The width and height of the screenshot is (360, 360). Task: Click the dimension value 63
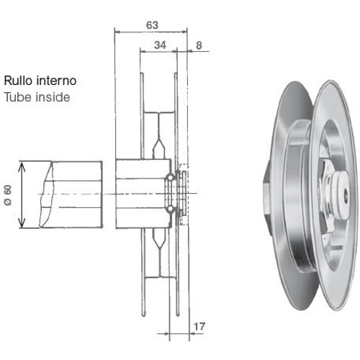point(152,25)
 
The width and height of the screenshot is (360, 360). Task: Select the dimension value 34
point(160,45)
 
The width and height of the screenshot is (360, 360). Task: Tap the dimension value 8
point(199,45)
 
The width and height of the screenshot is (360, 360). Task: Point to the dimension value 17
point(199,326)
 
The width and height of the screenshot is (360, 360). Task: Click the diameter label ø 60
point(8,195)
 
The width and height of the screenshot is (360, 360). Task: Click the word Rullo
point(19,81)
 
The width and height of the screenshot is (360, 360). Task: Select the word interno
point(56,81)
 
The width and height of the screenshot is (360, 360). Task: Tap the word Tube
point(18,97)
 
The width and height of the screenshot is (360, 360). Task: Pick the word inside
point(53,97)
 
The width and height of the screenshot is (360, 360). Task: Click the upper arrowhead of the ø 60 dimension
point(22,166)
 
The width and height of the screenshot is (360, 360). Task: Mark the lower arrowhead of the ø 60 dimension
point(22,223)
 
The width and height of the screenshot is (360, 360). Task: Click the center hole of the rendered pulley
point(346,193)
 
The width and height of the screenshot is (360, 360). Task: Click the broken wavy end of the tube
point(46,194)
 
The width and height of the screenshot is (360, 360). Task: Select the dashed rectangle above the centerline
point(184,168)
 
